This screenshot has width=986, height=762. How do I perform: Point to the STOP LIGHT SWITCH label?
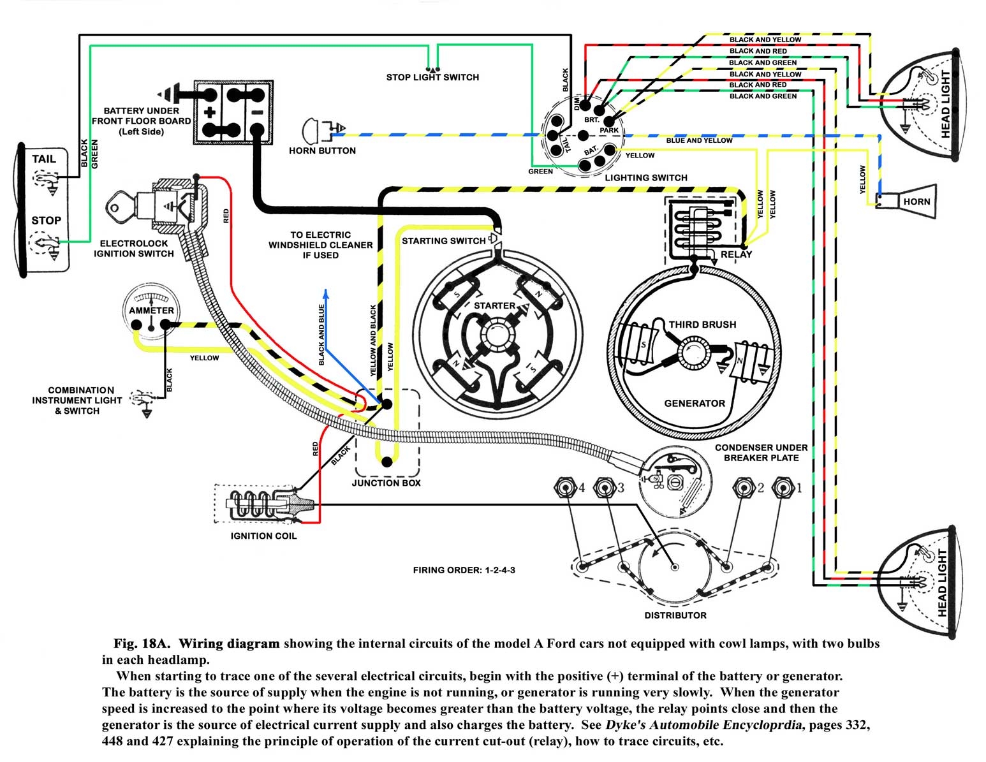click(x=432, y=77)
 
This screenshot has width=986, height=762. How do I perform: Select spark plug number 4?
click(x=565, y=488)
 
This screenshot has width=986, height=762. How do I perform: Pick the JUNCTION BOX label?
click(x=386, y=483)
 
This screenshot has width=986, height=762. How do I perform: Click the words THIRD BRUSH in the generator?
click(x=702, y=325)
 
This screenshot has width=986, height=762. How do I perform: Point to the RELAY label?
click(x=736, y=254)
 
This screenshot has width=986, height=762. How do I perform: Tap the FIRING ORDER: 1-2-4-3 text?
click(x=464, y=570)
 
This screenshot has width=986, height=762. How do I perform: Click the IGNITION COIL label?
click(x=263, y=536)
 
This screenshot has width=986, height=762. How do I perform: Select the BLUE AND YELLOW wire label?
click(x=699, y=140)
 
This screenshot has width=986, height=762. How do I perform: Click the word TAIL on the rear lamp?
click(x=44, y=159)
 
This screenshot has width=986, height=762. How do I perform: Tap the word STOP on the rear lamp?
click(x=46, y=221)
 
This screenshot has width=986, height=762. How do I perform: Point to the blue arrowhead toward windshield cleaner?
click(x=326, y=293)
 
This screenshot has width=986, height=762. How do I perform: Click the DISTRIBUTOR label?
click(x=675, y=615)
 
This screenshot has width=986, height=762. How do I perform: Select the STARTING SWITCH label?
click(x=443, y=241)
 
